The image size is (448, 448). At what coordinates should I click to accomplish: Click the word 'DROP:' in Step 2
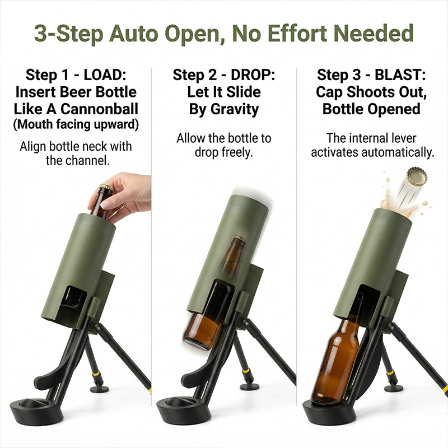click(250, 75)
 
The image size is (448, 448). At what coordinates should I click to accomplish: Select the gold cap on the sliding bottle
click(239, 241)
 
